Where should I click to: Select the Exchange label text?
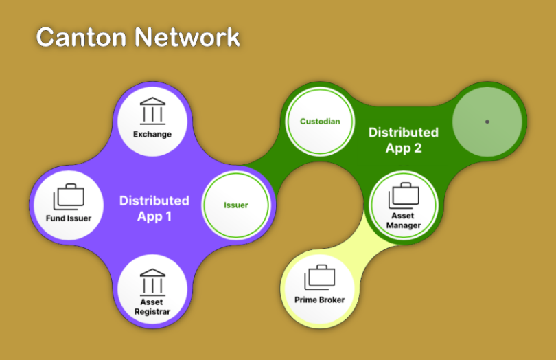(x=152, y=134)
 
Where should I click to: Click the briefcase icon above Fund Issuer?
(x=69, y=197)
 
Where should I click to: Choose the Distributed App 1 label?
(x=154, y=209)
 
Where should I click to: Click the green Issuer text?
(x=236, y=205)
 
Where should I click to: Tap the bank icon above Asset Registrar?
(x=152, y=282)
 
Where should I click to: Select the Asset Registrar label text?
(x=152, y=306)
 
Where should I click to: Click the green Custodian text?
(x=320, y=122)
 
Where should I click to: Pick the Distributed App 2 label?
(x=404, y=140)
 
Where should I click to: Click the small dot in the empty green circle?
(x=487, y=122)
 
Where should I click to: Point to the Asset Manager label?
(x=404, y=221)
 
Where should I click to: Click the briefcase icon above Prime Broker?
(x=320, y=278)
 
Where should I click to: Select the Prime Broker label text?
(x=319, y=300)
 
